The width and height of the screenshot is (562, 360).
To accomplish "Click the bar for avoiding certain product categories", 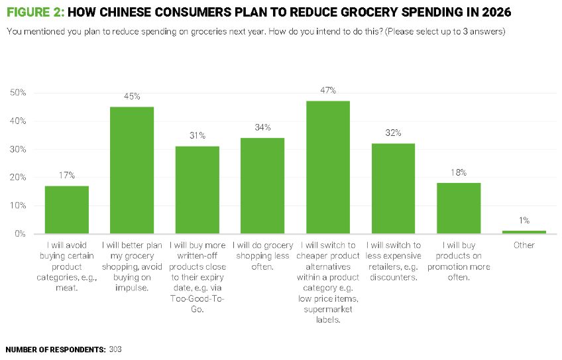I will (67, 210).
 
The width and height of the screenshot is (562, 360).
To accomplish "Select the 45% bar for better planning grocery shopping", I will (132, 170).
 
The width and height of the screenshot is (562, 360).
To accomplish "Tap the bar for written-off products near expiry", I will (197, 190).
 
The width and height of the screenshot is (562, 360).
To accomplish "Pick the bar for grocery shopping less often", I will (262, 186).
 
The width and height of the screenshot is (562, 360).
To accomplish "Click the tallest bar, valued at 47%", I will (328, 167).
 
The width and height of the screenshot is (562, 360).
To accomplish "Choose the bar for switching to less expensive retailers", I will (394, 188).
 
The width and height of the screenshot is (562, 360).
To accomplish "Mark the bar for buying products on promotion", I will (459, 208).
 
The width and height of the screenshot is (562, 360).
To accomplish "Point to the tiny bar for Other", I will (524, 232).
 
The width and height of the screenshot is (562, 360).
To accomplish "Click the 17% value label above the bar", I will (67, 176).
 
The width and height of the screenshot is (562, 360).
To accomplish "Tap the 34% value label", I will (262, 127).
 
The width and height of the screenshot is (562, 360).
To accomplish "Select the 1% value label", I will (524, 220).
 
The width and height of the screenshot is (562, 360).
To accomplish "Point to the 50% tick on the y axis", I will (18, 93).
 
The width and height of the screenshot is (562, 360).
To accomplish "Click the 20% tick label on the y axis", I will (18, 178).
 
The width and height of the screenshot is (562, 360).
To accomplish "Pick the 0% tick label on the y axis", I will (20, 234).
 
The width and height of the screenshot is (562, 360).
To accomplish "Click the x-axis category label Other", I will (524, 245).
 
